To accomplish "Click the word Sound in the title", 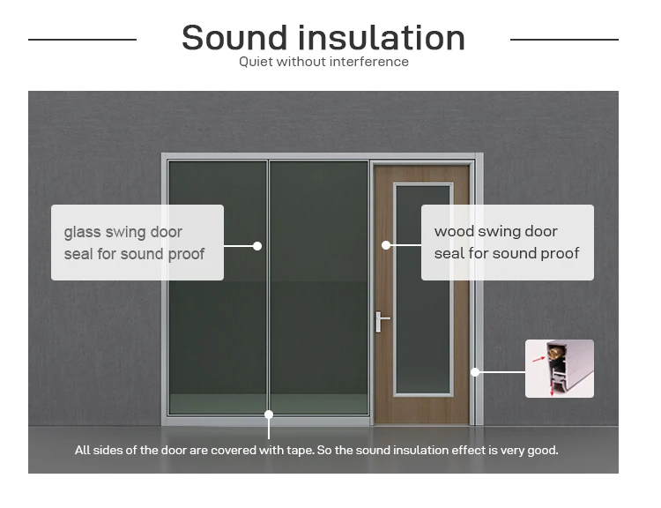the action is pyautogui.click(x=233, y=38).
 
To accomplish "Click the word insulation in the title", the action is pyautogui.click(x=381, y=38).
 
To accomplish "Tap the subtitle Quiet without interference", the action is pyautogui.click(x=323, y=62).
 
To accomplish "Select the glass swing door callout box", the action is pyautogui.click(x=137, y=243).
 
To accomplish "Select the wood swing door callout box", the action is pyautogui.click(x=507, y=243).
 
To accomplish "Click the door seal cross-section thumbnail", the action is pyautogui.click(x=560, y=369).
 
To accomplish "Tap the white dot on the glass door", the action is pyautogui.click(x=257, y=246).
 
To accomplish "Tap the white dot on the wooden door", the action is pyautogui.click(x=386, y=245).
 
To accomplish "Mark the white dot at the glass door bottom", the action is pyautogui.click(x=269, y=414).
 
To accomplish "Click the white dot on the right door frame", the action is pyautogui.click(x=475, y=372).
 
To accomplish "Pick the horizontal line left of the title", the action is pyautogui.click(x=82, y=40).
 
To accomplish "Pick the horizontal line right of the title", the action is pyautogui.click(x=564, y=40).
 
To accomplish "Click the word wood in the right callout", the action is pyautogui.click(x=453, y=232).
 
